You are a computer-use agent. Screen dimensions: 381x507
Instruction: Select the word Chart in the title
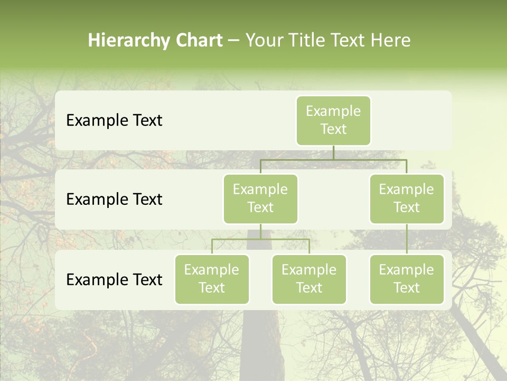point(199,40)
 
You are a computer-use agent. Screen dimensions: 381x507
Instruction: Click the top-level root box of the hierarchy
point(333,121)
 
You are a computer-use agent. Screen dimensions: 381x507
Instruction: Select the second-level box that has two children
point(260,199)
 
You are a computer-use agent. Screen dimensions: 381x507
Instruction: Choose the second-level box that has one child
point(407,199)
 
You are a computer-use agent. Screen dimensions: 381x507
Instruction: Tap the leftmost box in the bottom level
point(212,279)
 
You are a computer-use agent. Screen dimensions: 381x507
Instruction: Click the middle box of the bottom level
point(309,279)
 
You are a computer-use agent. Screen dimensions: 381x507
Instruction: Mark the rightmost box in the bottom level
point(407,279)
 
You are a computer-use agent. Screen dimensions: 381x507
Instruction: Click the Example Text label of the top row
point(114,120)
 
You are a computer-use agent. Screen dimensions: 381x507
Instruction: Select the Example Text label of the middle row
point(114,199)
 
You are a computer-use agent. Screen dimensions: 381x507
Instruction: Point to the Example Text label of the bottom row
point(114,279)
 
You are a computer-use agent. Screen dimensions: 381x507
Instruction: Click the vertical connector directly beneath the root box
point(333,152)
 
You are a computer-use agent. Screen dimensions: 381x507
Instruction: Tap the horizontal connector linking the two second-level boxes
point(333,159)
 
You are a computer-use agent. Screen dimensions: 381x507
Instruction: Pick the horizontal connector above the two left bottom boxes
point(260,239)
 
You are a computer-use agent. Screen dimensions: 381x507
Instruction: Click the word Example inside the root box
point(333,111)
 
